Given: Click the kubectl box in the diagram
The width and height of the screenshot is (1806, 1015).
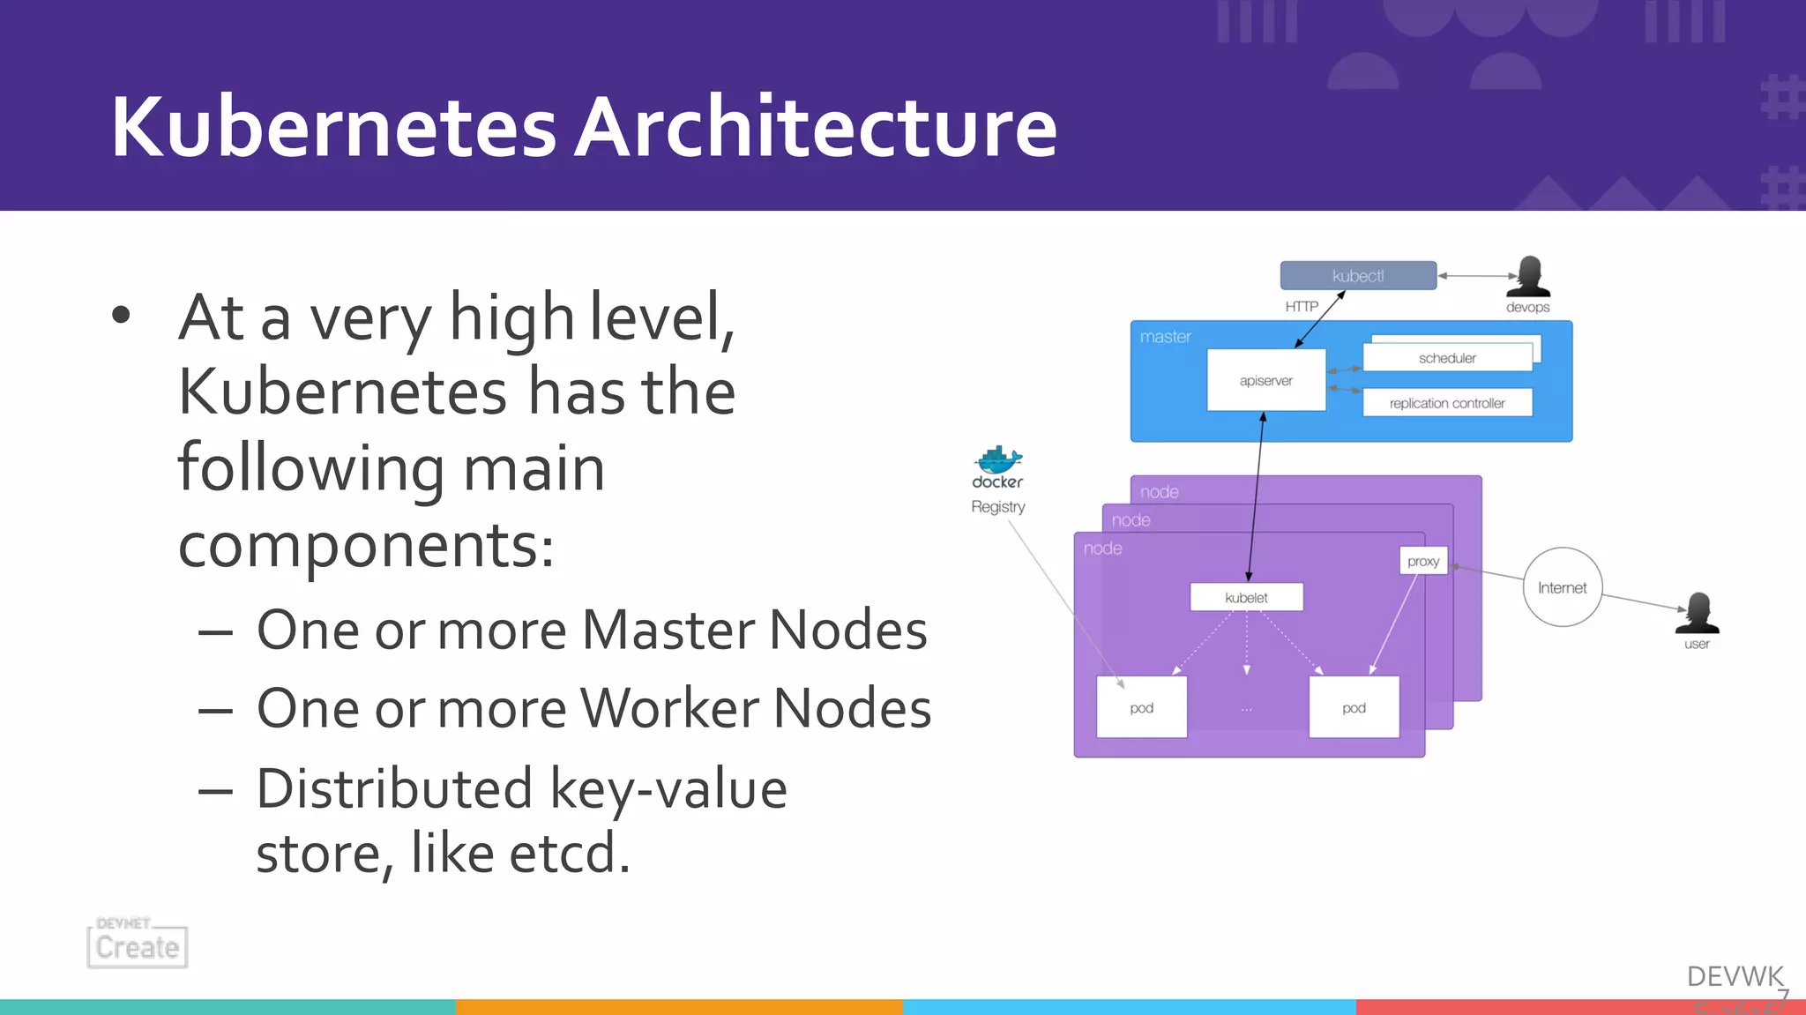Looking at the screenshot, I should [1358, 276].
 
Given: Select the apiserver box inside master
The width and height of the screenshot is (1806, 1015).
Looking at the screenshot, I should [1265, 380].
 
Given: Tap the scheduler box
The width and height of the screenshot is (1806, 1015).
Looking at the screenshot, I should [1447, 358].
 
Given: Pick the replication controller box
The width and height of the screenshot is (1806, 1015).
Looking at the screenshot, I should [1447, 403].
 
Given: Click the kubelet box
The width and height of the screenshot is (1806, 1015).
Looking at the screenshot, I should [1246, 597].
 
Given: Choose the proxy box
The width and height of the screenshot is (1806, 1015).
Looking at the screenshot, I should [1423, 561].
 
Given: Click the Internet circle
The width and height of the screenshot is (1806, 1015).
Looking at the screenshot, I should [1562, 587].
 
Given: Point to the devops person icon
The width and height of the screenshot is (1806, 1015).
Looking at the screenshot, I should [1528, 277].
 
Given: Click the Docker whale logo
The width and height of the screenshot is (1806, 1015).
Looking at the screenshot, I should [998, 459].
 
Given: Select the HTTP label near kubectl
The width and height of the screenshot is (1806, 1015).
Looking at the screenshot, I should [1302, 307].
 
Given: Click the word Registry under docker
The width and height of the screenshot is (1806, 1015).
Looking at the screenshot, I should [998, 507].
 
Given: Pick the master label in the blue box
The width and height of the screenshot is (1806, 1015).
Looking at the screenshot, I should [1165, 337].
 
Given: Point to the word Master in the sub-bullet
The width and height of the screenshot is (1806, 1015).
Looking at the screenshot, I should [668, 630].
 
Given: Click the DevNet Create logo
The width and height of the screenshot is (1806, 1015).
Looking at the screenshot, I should [138, 944].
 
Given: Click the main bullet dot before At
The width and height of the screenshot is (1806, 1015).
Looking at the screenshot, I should [122, 315].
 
